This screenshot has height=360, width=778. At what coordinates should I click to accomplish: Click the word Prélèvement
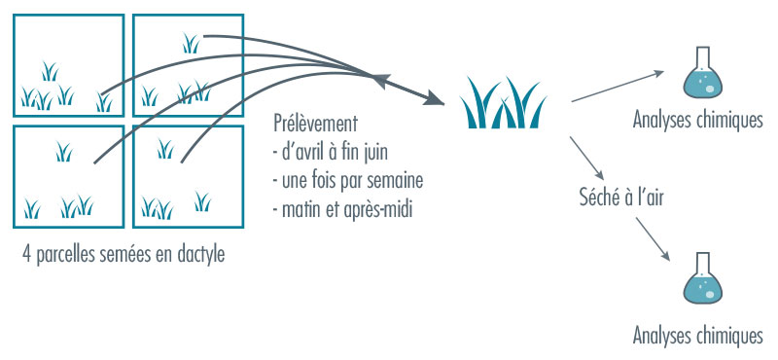point(317,126)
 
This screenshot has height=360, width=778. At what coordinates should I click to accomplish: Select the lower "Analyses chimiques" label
point(696,336)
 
